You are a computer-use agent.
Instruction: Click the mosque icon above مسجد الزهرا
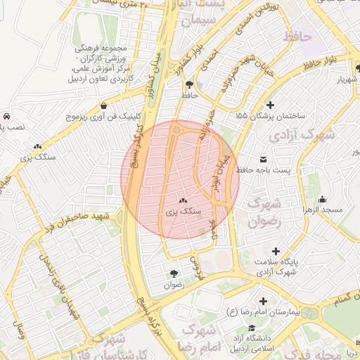(x=322, y=199)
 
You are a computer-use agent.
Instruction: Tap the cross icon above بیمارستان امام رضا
(x=263, y=300)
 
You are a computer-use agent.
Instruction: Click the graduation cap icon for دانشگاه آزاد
(x=251, y=328)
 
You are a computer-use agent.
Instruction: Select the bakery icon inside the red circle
(x=184, y=200)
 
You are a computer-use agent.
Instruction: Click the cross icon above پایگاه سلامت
(x=276, y=251)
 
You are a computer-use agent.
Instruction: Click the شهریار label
(x=349, y=79)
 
